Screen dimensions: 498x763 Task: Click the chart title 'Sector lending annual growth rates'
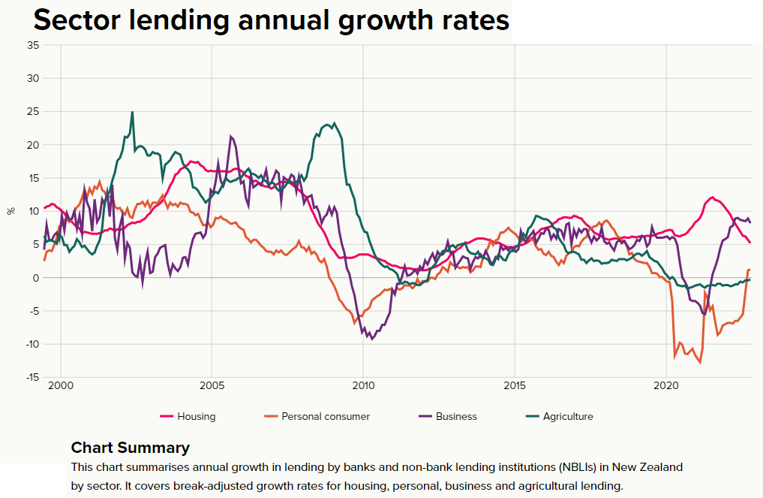tap(271, 20)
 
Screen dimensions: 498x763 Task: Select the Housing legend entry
tap(188, 416)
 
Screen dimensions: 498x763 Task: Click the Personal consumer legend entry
tap(317, 416)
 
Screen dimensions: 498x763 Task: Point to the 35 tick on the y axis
tap(33, 45)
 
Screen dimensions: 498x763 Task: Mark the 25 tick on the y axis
tap(33, 112)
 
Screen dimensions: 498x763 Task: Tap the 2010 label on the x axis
tap(363, 388)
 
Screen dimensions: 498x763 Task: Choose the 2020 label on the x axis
tap(666, 388)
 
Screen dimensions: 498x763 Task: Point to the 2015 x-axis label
tap(515, 388)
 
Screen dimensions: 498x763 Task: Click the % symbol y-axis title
tap(11, 211)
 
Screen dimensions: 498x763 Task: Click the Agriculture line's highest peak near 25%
tap(133, 113)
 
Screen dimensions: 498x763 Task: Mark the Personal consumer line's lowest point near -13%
tap(700, 364)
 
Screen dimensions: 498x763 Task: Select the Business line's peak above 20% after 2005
tap(231, 137)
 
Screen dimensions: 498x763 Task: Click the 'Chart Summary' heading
tap(131, 448)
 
